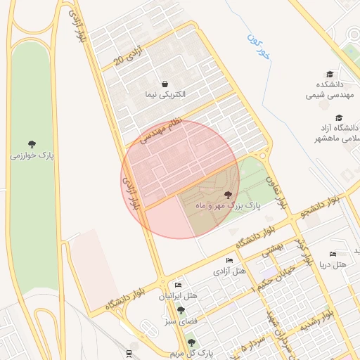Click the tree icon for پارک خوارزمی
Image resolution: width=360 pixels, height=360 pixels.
(32, 143)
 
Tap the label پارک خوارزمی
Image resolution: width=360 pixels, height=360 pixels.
(32, 155)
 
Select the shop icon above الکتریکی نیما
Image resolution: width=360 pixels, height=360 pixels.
(164, 83)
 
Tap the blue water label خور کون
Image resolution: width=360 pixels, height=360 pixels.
(258, 45)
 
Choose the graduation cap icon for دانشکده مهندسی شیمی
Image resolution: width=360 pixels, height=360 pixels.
(329, 74)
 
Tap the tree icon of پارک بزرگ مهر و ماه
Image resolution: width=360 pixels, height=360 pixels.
(227, 194)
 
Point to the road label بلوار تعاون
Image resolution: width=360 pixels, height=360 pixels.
(277, 190)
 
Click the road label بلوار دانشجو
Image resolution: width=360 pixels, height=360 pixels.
(321, 205)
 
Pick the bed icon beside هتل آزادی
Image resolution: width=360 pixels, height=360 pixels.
(229, 260)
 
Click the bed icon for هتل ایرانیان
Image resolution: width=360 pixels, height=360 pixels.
(178, 285)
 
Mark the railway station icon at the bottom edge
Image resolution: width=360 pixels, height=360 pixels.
(129, 353)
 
